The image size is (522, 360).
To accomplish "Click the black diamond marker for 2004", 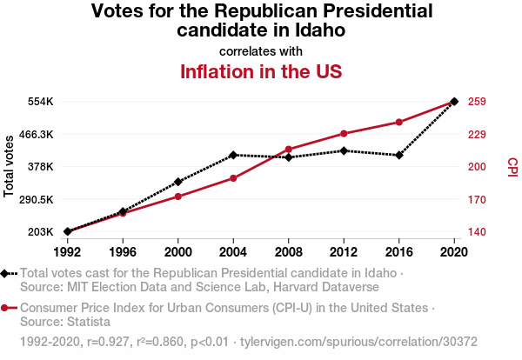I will (x=233, y=155).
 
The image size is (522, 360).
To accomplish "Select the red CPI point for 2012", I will (x=344, y=133).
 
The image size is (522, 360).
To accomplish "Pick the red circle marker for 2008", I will (x=289, y=150).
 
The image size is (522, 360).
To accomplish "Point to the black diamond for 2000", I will (x=178, y=182).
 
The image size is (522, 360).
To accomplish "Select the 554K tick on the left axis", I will (x=40, y=102).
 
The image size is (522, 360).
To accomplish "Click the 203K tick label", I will (x=40, y=232).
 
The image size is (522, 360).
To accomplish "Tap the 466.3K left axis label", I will (x=36, y=134).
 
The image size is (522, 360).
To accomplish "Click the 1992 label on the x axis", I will (x=67, y=251).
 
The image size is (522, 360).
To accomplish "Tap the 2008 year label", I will (x=289, y=251).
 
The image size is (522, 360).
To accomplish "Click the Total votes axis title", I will (x=10, y=166).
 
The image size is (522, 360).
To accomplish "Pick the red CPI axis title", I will (x=512, y=166).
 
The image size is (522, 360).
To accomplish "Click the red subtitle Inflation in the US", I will (x=261, y=71).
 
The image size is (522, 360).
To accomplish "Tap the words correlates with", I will (x=261, y=51).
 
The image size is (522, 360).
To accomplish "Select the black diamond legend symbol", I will (x=6, y=273).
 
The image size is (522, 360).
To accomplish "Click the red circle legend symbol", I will (x=6, y=308).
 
